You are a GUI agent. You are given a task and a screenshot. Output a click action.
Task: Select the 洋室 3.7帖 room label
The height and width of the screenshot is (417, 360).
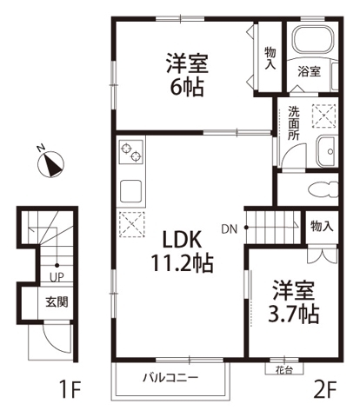[294, 301]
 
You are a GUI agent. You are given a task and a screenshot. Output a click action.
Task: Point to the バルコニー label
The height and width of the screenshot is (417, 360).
[171, 378]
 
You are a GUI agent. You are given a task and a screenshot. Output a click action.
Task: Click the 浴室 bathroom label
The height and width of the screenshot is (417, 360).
[310, 72]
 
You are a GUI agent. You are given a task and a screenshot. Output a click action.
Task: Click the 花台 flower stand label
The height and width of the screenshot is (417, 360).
[274, 368]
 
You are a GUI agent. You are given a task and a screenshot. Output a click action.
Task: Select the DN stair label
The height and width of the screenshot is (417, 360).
[229, 229]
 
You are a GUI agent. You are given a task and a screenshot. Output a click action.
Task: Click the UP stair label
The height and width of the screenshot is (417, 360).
[55, 278]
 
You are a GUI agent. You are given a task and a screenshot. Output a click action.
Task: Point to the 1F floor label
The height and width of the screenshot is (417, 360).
[71, 389]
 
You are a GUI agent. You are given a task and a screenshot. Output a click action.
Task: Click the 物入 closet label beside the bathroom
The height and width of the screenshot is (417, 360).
[270, 56]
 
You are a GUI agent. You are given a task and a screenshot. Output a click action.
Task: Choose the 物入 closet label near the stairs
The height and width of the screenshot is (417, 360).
[321, 226]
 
